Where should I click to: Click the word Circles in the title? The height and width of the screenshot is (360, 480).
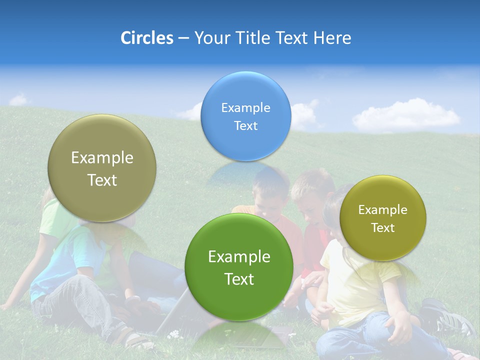146,38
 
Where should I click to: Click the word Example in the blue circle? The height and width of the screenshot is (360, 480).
245,107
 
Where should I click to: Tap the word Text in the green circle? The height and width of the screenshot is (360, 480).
239,279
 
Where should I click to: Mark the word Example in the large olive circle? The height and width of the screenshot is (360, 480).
102,158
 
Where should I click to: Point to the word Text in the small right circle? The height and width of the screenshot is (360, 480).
383,228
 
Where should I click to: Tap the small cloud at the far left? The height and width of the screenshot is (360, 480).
19,100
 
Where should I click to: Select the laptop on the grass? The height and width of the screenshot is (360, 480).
172,312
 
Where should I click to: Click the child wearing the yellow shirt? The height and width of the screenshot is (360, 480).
350,280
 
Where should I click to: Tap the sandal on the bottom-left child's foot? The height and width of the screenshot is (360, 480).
134,340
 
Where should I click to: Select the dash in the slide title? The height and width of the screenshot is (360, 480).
183,38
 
